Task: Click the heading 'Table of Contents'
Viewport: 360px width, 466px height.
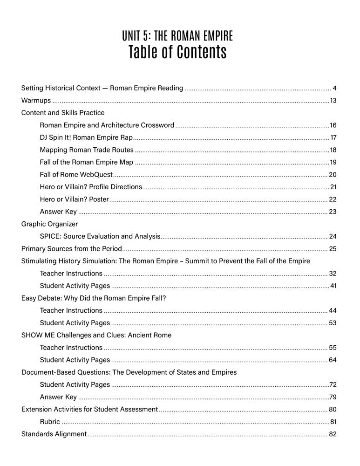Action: [x=177, y=53]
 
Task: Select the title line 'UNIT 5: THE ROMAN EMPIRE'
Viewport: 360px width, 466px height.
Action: [x=177, y=35]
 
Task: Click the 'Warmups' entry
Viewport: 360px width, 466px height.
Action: [x=36, y=100]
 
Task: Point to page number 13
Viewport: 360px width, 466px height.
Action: [x=333, y=100]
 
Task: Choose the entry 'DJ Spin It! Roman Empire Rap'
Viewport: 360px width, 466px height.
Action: [x=86, y=137]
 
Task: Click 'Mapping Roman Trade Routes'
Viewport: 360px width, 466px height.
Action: [x=87, y=150]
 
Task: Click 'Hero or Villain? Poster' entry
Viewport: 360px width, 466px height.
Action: [x=74, y=199]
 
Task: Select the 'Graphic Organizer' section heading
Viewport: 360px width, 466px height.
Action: [x=50, y=224]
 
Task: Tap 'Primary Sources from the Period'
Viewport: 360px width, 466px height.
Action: [x=72, y=249]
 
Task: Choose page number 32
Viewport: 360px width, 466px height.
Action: [x=333, y=274]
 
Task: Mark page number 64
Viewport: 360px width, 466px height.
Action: [x=333, y=360]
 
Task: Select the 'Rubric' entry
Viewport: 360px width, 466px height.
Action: [x=50, y=422]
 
